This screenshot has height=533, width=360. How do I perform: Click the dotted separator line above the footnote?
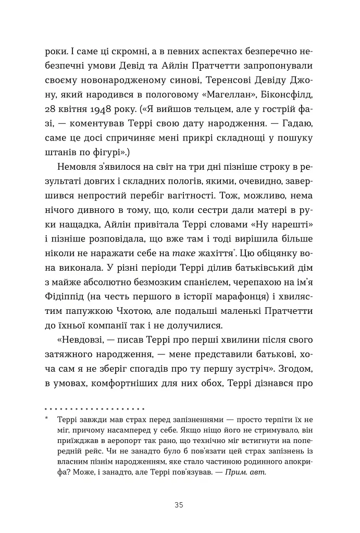pos(94,408)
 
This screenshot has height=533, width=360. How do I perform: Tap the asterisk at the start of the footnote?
pos(47,420)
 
